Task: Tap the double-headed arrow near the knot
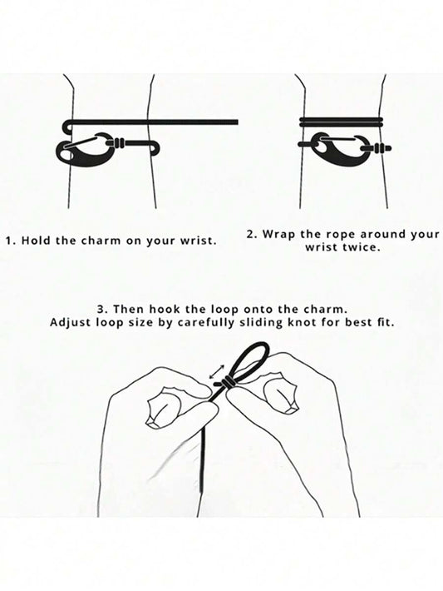pos(217,371)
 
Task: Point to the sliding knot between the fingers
pos(227,382)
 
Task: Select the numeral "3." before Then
pos(103,310)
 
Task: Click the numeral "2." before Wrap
pos(252,235)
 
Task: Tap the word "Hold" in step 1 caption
pos(37,241)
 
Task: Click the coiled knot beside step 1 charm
pos(119,143)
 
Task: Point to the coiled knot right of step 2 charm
pos(377,148)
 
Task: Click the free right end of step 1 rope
pos(237,122)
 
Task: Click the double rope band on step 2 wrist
pos(342,121)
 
